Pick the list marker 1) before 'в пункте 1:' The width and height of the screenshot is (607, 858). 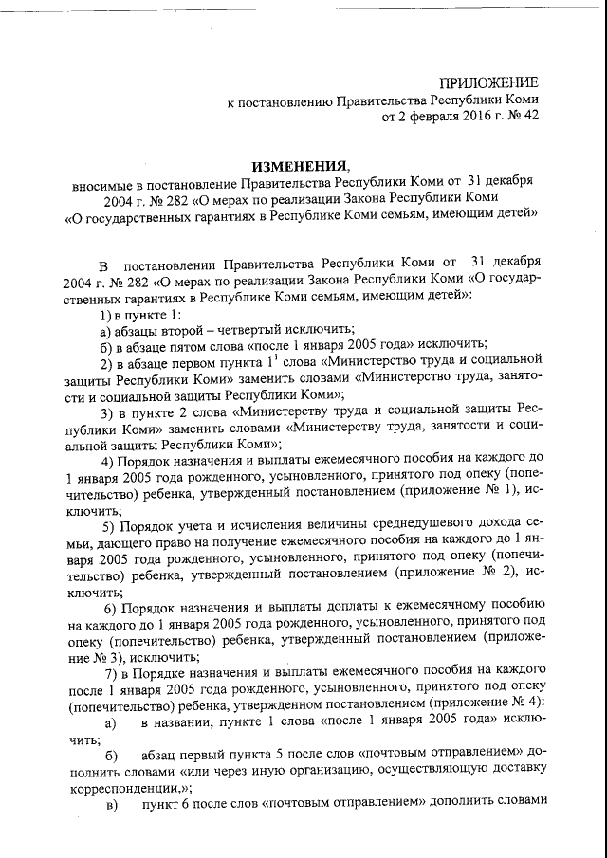(x=106, y=314)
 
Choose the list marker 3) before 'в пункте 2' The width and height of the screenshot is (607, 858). (x=107, y=412)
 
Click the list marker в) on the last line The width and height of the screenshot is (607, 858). (x=112, y=805)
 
